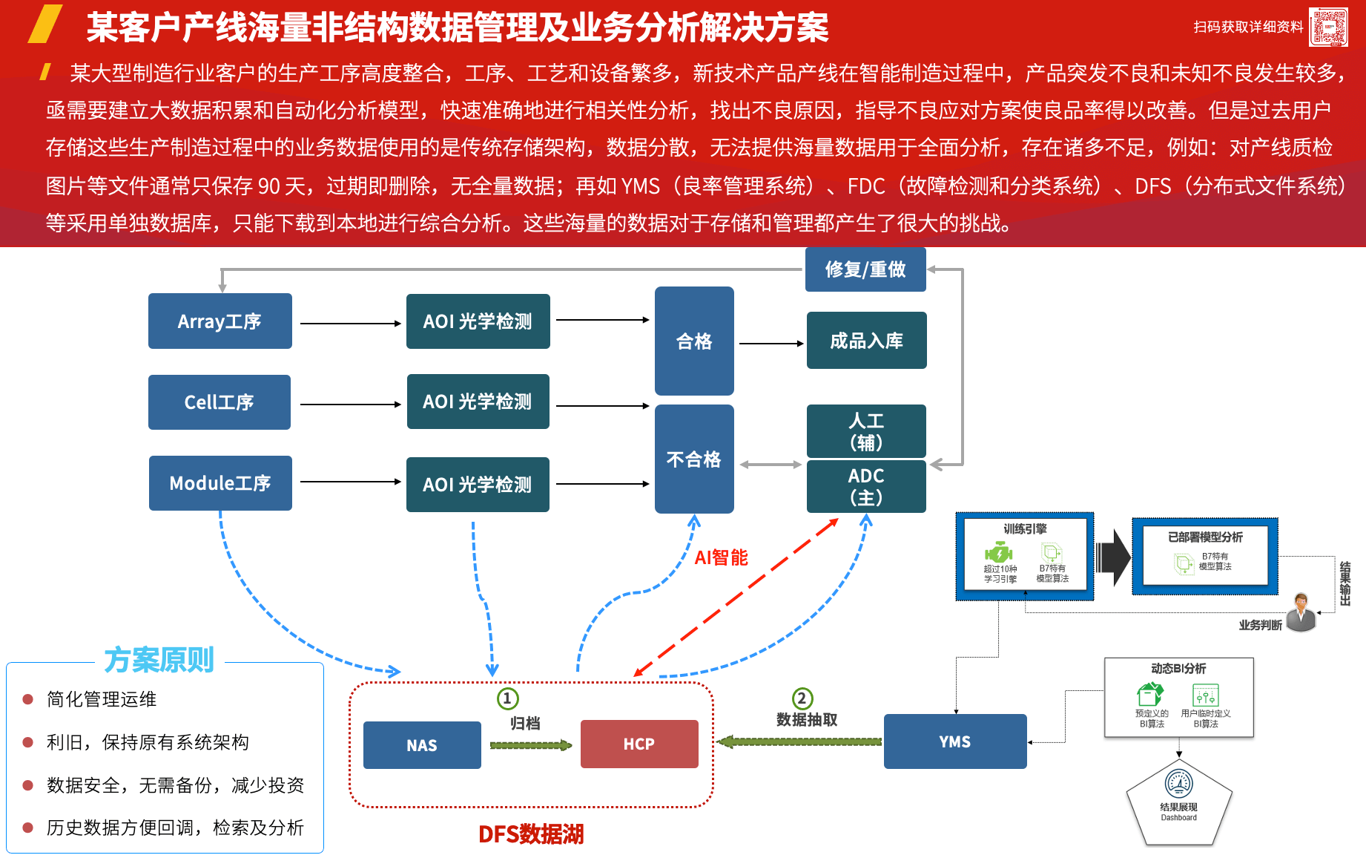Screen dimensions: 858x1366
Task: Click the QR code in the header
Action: (1328, 27)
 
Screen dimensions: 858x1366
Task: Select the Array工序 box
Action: (220, 321)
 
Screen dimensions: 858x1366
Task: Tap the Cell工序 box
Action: (220, 402)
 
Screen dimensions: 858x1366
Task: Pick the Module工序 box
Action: (220, 483)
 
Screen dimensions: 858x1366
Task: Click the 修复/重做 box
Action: (865, 269)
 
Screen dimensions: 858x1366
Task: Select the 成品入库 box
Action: (866, 341)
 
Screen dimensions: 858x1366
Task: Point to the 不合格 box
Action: (694, 459)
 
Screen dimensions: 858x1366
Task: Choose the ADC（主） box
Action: (866, 487)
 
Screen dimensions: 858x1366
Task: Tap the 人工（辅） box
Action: (866, 431)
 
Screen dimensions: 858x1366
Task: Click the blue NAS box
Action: (422, 745)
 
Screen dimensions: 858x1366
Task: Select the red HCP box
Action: (639, 744)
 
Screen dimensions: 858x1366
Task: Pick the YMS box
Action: (955, 741)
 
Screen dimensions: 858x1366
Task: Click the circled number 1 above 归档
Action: (507, 698)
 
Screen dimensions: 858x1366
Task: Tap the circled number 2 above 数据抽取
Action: (802, 698)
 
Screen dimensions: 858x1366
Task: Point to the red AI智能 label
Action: (721, 557)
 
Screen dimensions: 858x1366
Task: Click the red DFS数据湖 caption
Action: (531, 834)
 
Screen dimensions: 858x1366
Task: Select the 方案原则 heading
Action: (159, 660)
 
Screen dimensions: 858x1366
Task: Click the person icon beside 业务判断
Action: (1301, 612)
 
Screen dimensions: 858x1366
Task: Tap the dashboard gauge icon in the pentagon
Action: (1179, 784)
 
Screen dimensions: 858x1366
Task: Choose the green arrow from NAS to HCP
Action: (530, 745)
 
